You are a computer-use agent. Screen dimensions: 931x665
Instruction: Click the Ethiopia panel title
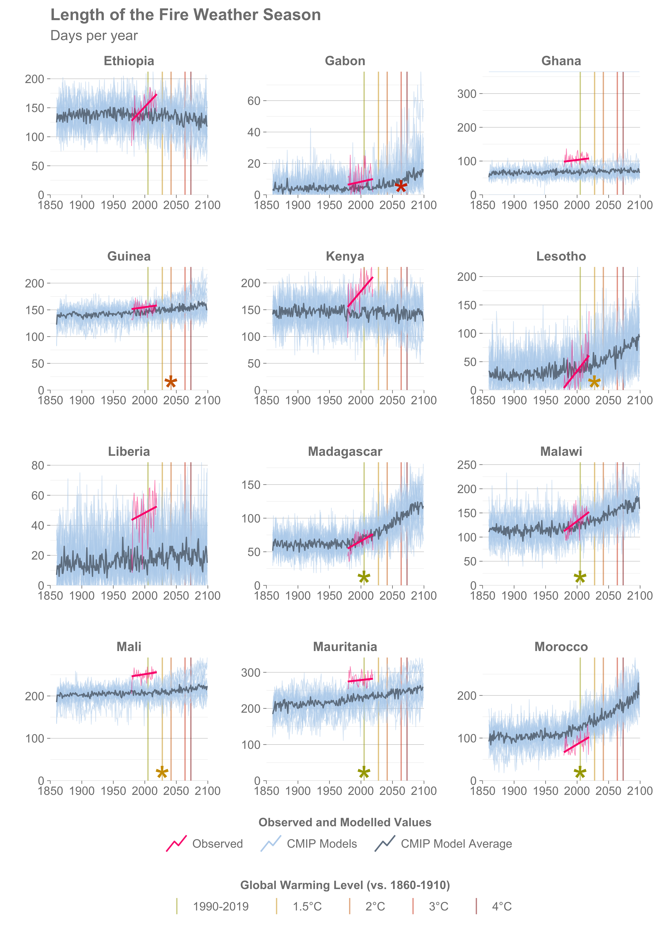tap(129, 61)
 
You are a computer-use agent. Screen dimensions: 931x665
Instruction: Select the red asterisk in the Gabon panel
tap(401, 187)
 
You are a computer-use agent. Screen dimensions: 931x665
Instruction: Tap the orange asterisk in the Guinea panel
tap(171, 382)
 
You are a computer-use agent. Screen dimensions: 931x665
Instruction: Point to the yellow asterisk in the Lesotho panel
tap(594, 382)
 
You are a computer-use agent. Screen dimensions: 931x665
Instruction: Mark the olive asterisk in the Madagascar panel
tap(364, 578)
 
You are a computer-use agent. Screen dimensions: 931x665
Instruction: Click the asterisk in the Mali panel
tap(162, 773)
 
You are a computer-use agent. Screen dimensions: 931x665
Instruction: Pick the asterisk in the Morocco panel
tap(580, 773)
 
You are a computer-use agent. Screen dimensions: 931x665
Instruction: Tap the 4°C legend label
tap(502, 906)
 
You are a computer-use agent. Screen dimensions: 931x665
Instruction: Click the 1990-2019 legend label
tap(221, 906)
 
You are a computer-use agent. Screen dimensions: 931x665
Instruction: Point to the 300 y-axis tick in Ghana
tap(467, 94)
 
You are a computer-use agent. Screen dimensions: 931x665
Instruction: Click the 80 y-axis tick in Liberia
tap(38, 465)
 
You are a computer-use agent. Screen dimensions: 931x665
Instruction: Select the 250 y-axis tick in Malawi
tap(467, 465)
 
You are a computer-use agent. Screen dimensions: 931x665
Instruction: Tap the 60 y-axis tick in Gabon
tap(254, 101)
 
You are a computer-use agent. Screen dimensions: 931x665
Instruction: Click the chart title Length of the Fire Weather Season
tap(186, 15)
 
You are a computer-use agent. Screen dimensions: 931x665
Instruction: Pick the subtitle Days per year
tap(94, 36)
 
